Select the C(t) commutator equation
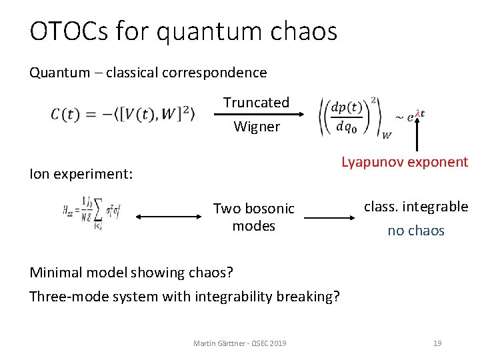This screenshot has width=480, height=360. (x=123, y=115)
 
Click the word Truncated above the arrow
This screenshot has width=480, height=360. (x=256, y=103)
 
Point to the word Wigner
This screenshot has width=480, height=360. (x=257, y=127)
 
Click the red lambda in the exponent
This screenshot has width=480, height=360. (x=417, y=112)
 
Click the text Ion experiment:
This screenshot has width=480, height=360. (x=81, y=175)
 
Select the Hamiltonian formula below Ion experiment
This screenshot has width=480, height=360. (x=92, y=213)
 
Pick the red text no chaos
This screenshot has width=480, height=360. (x=416, y=231)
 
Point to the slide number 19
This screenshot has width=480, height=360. (x=437, y=343)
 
